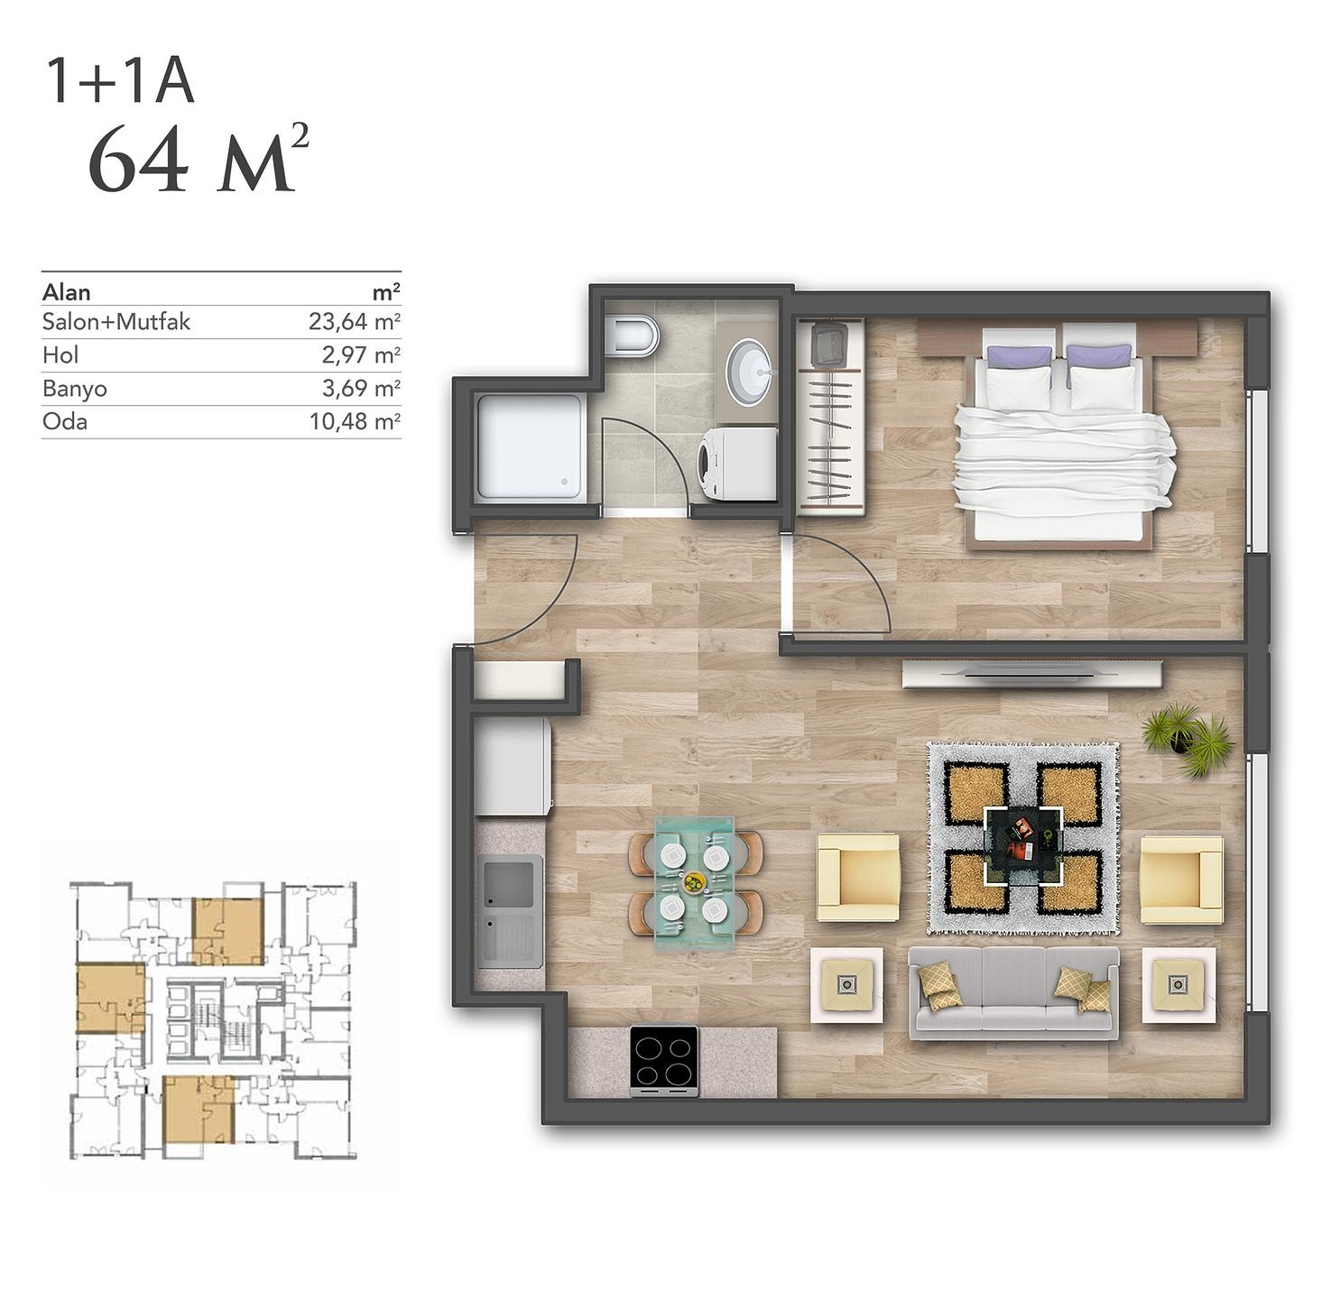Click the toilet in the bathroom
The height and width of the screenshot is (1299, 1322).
pos(633,336)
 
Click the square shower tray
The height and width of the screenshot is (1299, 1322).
pos(532,446)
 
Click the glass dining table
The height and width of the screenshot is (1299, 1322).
pos(695,883)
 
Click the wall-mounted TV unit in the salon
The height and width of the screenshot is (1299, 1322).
pos(1031,675)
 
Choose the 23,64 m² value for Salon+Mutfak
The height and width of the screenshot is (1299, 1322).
pos(354,322)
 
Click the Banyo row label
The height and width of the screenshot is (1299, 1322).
pos(75,389)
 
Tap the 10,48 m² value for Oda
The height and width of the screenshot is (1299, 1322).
pos(355,421)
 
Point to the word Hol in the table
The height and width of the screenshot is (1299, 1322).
pos(60,355)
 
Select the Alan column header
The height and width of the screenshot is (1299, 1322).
pos(67,293)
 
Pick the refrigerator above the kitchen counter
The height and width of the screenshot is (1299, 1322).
pos(513,765)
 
